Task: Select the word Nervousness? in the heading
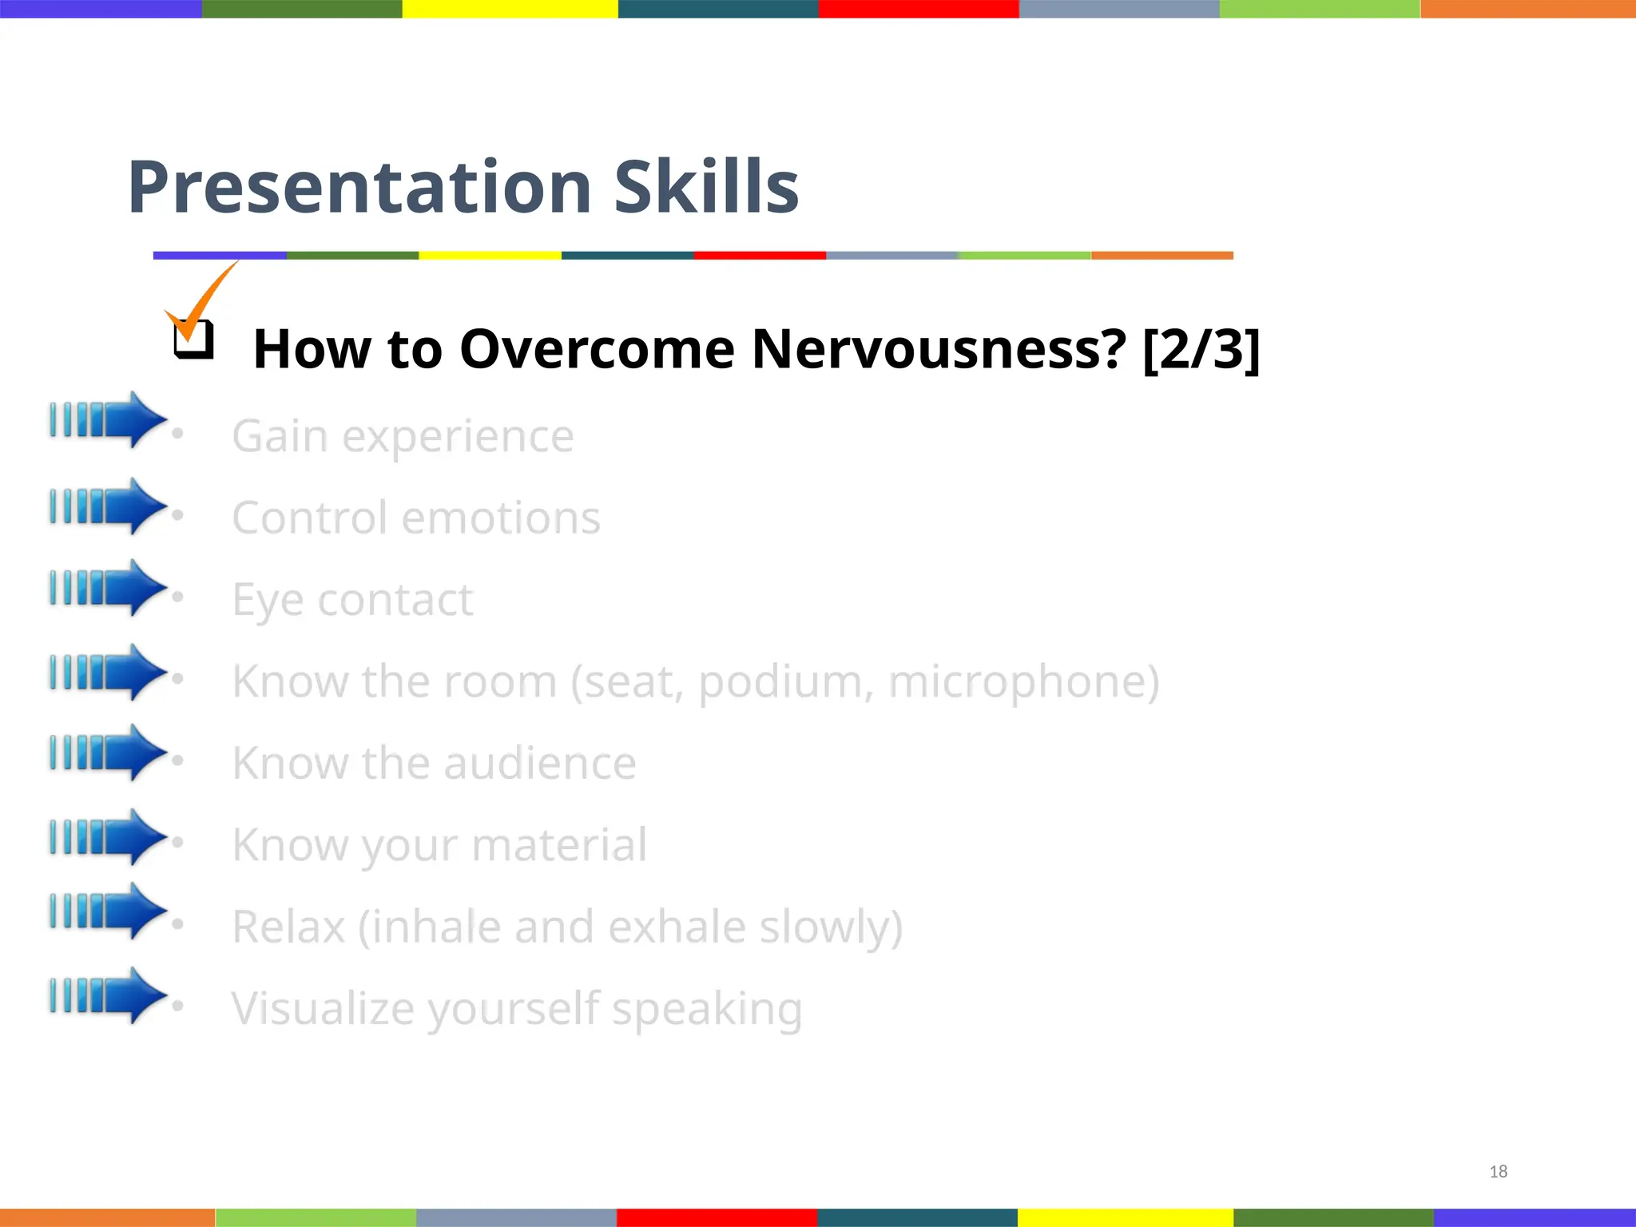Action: pos(939,349)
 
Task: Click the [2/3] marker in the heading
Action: pos(1201,349)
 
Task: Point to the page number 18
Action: pos(1498,1171)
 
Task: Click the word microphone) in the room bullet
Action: pos(1023,681)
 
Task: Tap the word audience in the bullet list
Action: pos(540,763)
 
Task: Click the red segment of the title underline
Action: pos(759,256)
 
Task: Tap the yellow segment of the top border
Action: pos(510,9)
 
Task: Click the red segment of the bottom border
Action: pos(717,1217)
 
